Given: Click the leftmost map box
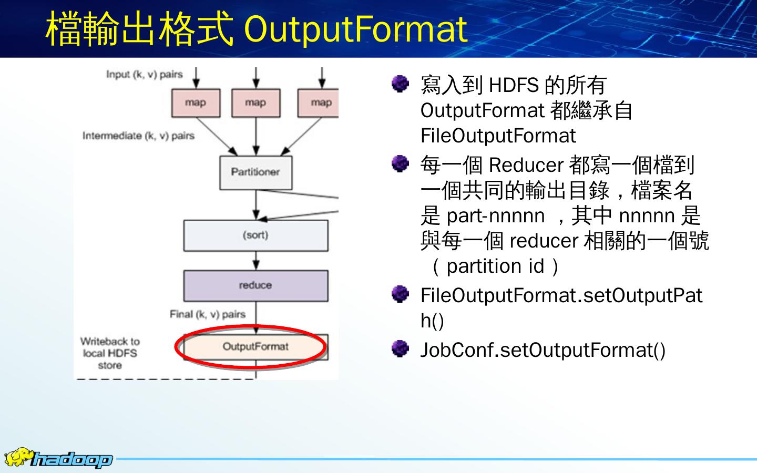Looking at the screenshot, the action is tap(196, 103).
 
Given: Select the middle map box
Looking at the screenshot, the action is tap(255, 103).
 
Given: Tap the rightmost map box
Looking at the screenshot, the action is tap(319, 103).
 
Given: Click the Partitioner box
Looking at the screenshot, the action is tap(255, 172).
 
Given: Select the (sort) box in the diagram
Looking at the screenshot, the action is tap(255, 235).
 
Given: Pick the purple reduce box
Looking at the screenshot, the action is tap(255, 285).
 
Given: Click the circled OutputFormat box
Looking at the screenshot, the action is tap(255, 347).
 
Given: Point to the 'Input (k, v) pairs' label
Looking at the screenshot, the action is tap(144, 75).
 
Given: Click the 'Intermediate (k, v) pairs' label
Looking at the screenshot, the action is tap(138, 136).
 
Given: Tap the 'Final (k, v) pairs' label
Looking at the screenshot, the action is tap(207, 314).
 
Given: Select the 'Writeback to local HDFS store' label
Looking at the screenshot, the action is tap(110, 353).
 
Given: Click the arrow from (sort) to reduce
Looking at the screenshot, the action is tap(256, 261).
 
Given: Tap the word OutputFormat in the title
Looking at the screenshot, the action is tap(356, 29).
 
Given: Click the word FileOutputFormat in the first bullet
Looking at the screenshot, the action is tap(498, 136).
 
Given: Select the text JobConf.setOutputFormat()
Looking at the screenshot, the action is tap(543, 350).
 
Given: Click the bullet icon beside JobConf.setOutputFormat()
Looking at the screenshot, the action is tap(401, 348).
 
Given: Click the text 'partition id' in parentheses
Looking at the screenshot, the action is tap(495, 266).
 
